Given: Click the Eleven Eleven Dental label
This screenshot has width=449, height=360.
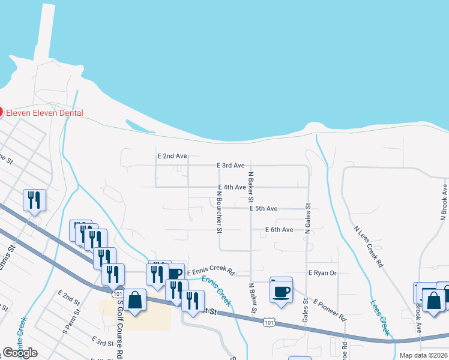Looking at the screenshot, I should [x=44, y=113].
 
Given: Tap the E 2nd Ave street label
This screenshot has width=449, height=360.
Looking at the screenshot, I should [x=172, y=156].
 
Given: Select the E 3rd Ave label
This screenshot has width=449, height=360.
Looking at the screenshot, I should [x=231, y=166].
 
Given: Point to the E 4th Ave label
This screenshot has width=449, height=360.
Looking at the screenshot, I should [x=232, y=187].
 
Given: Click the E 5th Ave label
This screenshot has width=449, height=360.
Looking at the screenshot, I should [x=264, y=209].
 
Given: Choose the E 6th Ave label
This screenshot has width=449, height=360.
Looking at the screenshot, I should [x=279, y=230].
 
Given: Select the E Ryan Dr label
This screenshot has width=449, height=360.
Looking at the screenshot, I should [x=322, y=273].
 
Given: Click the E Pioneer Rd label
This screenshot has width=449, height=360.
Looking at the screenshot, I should [x=330, y=310].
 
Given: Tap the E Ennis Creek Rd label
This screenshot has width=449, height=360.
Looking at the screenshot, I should [x=209, y=272].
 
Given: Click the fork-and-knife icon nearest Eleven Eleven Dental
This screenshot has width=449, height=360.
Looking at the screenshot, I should [x=34, y=200].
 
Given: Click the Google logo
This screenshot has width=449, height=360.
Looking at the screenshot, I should [x=20, y=353].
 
